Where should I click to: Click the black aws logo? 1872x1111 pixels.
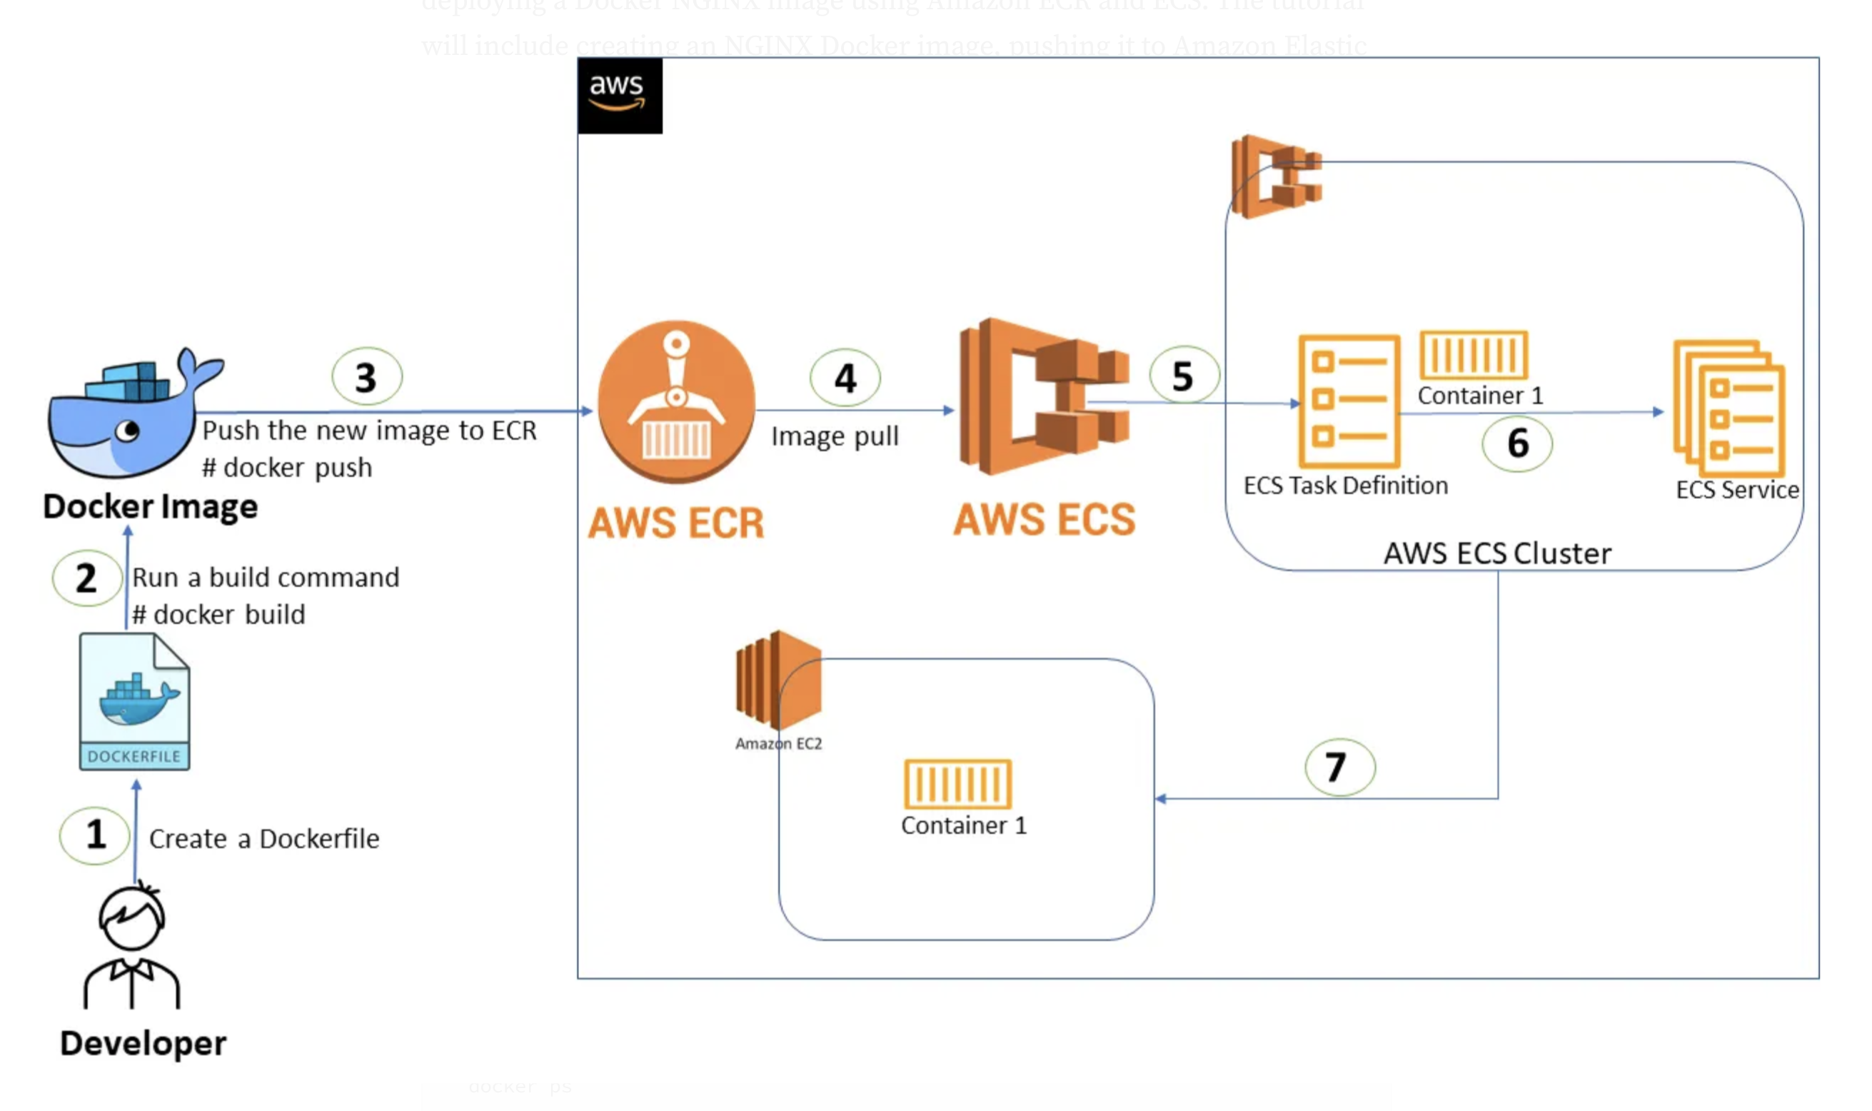point(619,95)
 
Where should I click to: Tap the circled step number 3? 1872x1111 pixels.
point(366,376)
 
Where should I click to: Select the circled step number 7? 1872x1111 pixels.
point(1339,767)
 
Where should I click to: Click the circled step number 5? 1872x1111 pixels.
point(1182,375)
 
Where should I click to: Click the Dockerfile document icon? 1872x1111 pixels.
point(135,700)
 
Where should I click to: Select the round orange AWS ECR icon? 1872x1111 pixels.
point(676,402)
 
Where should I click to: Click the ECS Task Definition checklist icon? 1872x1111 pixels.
point(1348,401)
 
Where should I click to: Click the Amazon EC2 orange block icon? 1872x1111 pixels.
point(778,680)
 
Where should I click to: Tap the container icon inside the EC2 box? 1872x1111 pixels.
point(957,784)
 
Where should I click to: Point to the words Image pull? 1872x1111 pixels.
point(835,436)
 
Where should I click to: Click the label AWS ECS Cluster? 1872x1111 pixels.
point(1497,553)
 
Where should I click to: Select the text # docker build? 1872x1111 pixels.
point(218,615)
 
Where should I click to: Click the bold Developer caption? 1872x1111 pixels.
point(143,1043)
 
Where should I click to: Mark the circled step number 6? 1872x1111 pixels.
point(1517,443)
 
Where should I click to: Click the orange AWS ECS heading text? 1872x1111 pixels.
point(1044,520)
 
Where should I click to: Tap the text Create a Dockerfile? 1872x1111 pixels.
point(264,838)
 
